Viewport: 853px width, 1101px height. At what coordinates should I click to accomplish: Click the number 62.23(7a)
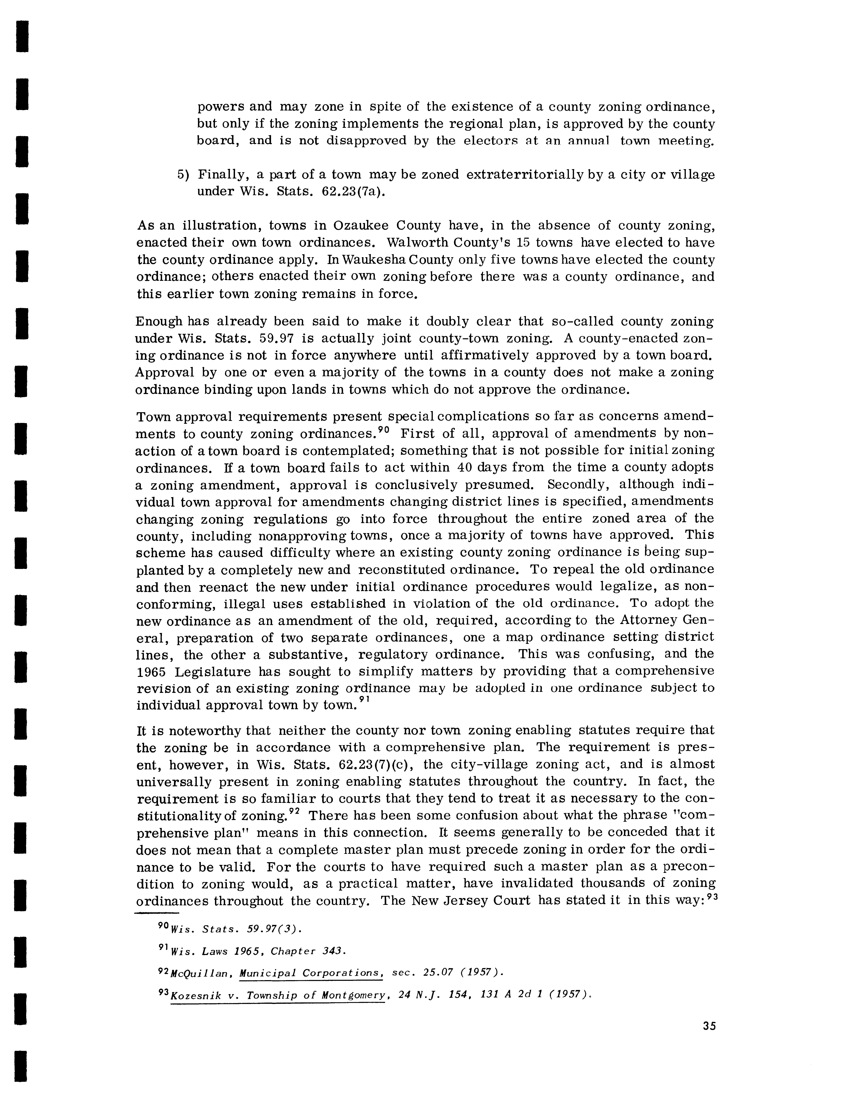pos(353,192)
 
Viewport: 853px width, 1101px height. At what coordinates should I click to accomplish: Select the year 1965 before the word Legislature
pos(152,672)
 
